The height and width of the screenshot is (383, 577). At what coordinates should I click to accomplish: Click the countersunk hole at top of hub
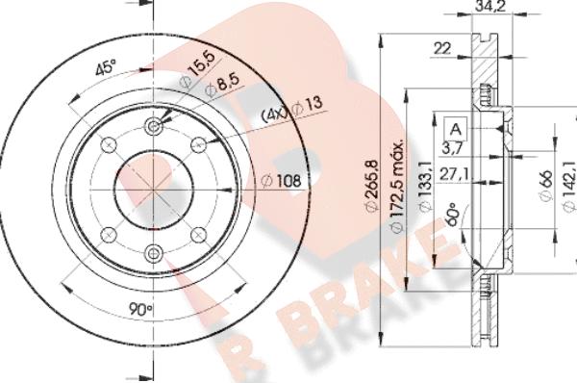pyautogui.click(x=154, y=128)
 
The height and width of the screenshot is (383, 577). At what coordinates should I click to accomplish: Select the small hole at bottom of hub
pyautogui.click(x=154, y=253)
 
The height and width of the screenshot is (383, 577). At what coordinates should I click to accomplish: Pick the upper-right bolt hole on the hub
pyautogui.click(x=198, y=145)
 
